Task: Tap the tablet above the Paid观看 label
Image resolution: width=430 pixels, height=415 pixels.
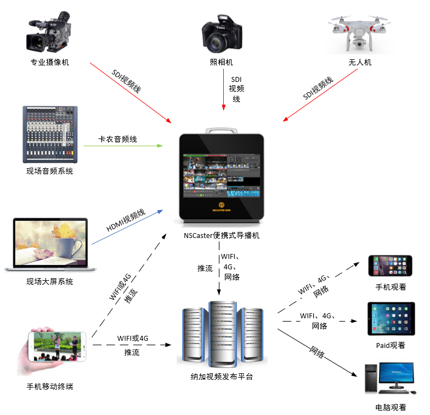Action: (390, 318)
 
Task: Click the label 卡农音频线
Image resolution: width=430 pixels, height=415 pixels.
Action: (117, 139)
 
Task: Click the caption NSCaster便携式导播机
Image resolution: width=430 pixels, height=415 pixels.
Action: (222, 236)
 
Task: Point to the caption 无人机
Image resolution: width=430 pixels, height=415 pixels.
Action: (360, 62)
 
